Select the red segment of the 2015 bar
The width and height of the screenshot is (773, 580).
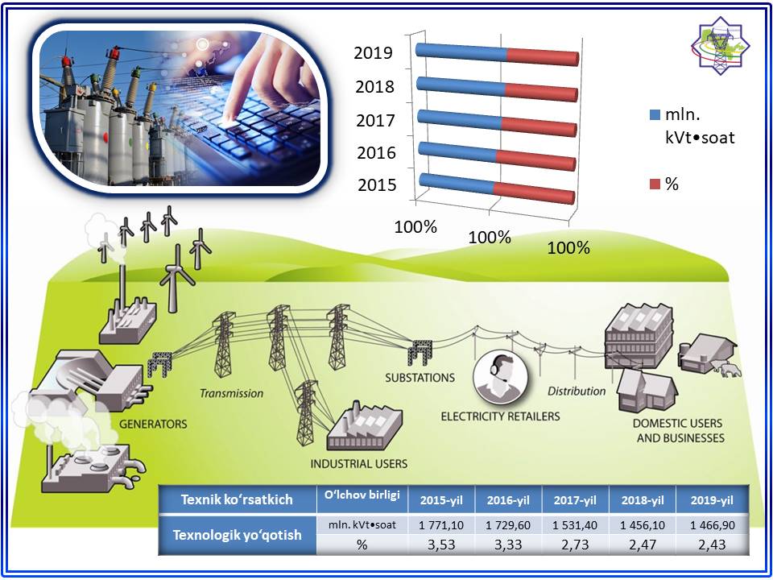pyautogui.click(x=534, y=193)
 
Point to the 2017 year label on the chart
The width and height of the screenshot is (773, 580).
pyautogui.click(x=376, y=120)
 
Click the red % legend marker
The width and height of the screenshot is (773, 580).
pyautogui.click(x=655, y=184)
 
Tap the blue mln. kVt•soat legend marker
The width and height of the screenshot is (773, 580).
pyautogui.click(x=655, y=115)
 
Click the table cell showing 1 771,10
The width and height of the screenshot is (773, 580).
pyautogui.click(x=441, y=525)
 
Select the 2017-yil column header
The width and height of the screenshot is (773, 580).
pyautogui.click(x=575, y=500)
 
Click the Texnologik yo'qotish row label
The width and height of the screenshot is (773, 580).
pyautogui.click(x=237, y=535)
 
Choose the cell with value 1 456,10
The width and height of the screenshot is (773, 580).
pyautogui.click(x=642, y=525)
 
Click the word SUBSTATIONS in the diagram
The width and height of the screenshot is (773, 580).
pyautogui.click(x=420, y=378)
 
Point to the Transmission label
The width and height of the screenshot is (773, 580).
pyautogui.click(x=231, y=393)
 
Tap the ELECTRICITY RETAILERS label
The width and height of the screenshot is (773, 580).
pyautogui.click(x=500, y=416)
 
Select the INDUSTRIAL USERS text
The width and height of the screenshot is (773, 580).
pyautogui.click(x=359, y=464)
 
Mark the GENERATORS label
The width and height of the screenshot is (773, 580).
pyautogui.click(x=153, y=424)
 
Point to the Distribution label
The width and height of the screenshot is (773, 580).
pyautogui.click(x=577, y=391)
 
